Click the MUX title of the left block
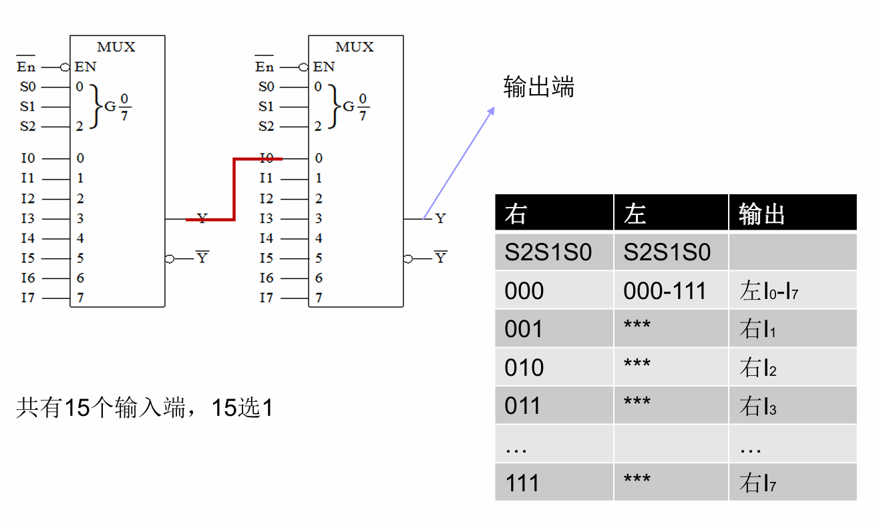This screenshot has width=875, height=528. (x=116, y=47)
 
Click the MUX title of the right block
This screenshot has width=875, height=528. (x=355, y=47)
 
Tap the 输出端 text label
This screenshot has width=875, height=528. (x=538, y=87)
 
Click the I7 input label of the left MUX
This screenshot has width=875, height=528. (x=27, y=298)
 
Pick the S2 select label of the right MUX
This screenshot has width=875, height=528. (x=266, y=126)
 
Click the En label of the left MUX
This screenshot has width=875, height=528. (x=26, y=67)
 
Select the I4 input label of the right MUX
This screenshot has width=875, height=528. (x=266, y=238)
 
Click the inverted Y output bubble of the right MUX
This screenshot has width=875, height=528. (x=407, y=258)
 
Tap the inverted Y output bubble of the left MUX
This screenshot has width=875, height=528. (x=170, y=258)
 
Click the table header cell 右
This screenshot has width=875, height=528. (x=516, y=214)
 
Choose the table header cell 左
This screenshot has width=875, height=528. (x=635, y=214)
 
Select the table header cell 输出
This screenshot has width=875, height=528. (x=761, y=214)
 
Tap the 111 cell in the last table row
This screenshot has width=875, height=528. (x=522, y=482)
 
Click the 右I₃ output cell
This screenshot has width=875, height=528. (x=757, y=406)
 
